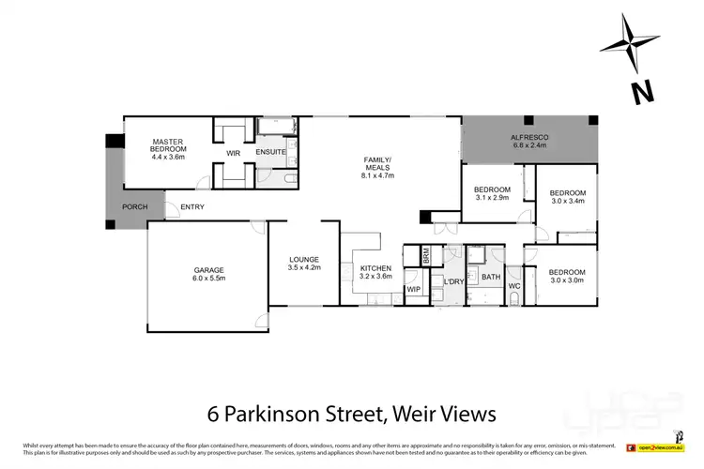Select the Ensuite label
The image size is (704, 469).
click(x=270, y=153)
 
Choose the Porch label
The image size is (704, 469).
click(x=135, y=207)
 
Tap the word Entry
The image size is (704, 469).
click(x=192, y=207)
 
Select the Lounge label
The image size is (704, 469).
click(x=304, y=263)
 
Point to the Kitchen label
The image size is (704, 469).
click(x=375, y=272)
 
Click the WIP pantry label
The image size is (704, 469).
click(x=413, y=289)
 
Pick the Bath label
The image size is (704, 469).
click(x=491, y=277)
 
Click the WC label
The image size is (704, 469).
click(x=514, y=285)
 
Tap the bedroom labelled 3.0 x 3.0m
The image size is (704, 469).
click(x=567, y=275)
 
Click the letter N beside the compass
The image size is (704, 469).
click(x=643, y=92)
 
